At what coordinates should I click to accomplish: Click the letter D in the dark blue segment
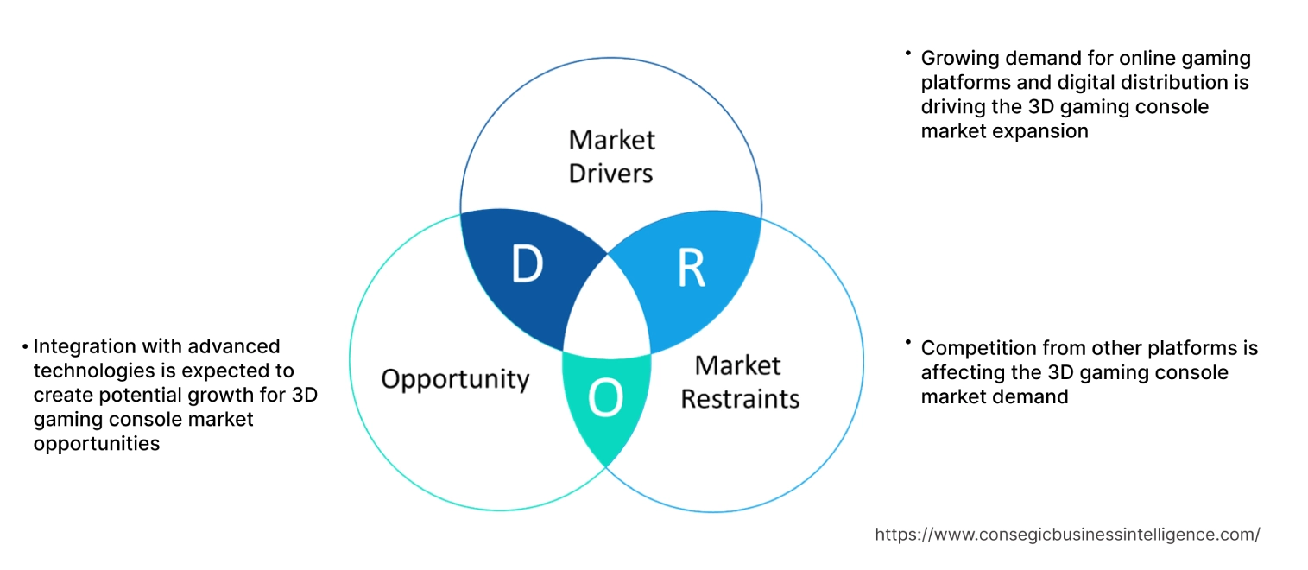527,265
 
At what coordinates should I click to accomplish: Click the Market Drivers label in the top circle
611,156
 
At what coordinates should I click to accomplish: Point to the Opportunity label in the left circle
455,379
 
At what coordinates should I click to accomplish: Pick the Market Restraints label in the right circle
739,382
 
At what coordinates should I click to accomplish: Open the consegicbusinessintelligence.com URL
1067,535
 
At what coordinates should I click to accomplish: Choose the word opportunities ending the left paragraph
97,444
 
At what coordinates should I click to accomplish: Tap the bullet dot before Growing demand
908,54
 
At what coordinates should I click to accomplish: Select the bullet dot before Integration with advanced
25,347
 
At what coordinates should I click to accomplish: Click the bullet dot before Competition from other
908,343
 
